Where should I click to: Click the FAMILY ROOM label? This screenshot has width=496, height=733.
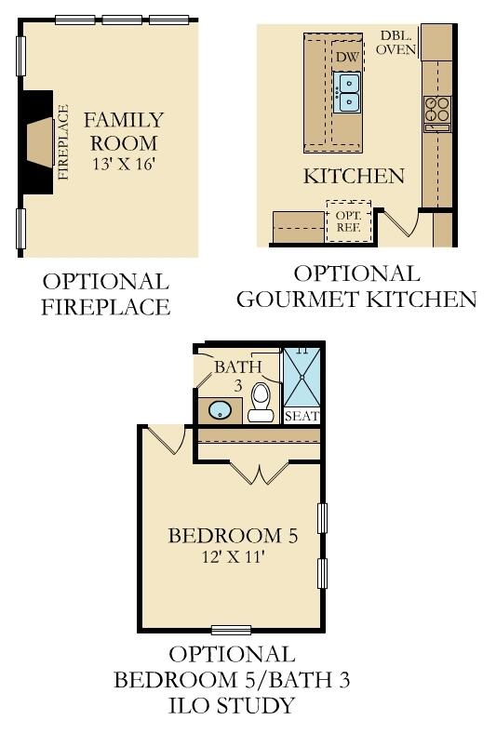(124, 131)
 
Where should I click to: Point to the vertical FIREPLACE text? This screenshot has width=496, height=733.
(63, 141)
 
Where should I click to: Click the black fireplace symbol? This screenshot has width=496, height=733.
(38, 140)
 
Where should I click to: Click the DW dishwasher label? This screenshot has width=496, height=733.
(346, 58)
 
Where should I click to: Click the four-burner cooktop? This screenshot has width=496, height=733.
(436, 110)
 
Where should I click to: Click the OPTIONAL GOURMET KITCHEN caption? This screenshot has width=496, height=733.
(356, 287)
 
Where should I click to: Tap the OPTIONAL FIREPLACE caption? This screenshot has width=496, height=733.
(106, 294)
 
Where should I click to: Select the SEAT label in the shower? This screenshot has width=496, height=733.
(302, 415)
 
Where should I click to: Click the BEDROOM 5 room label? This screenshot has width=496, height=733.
(233, 536)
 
